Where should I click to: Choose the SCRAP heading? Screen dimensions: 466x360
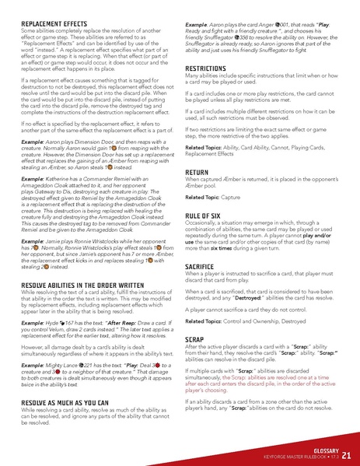[194, 339]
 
